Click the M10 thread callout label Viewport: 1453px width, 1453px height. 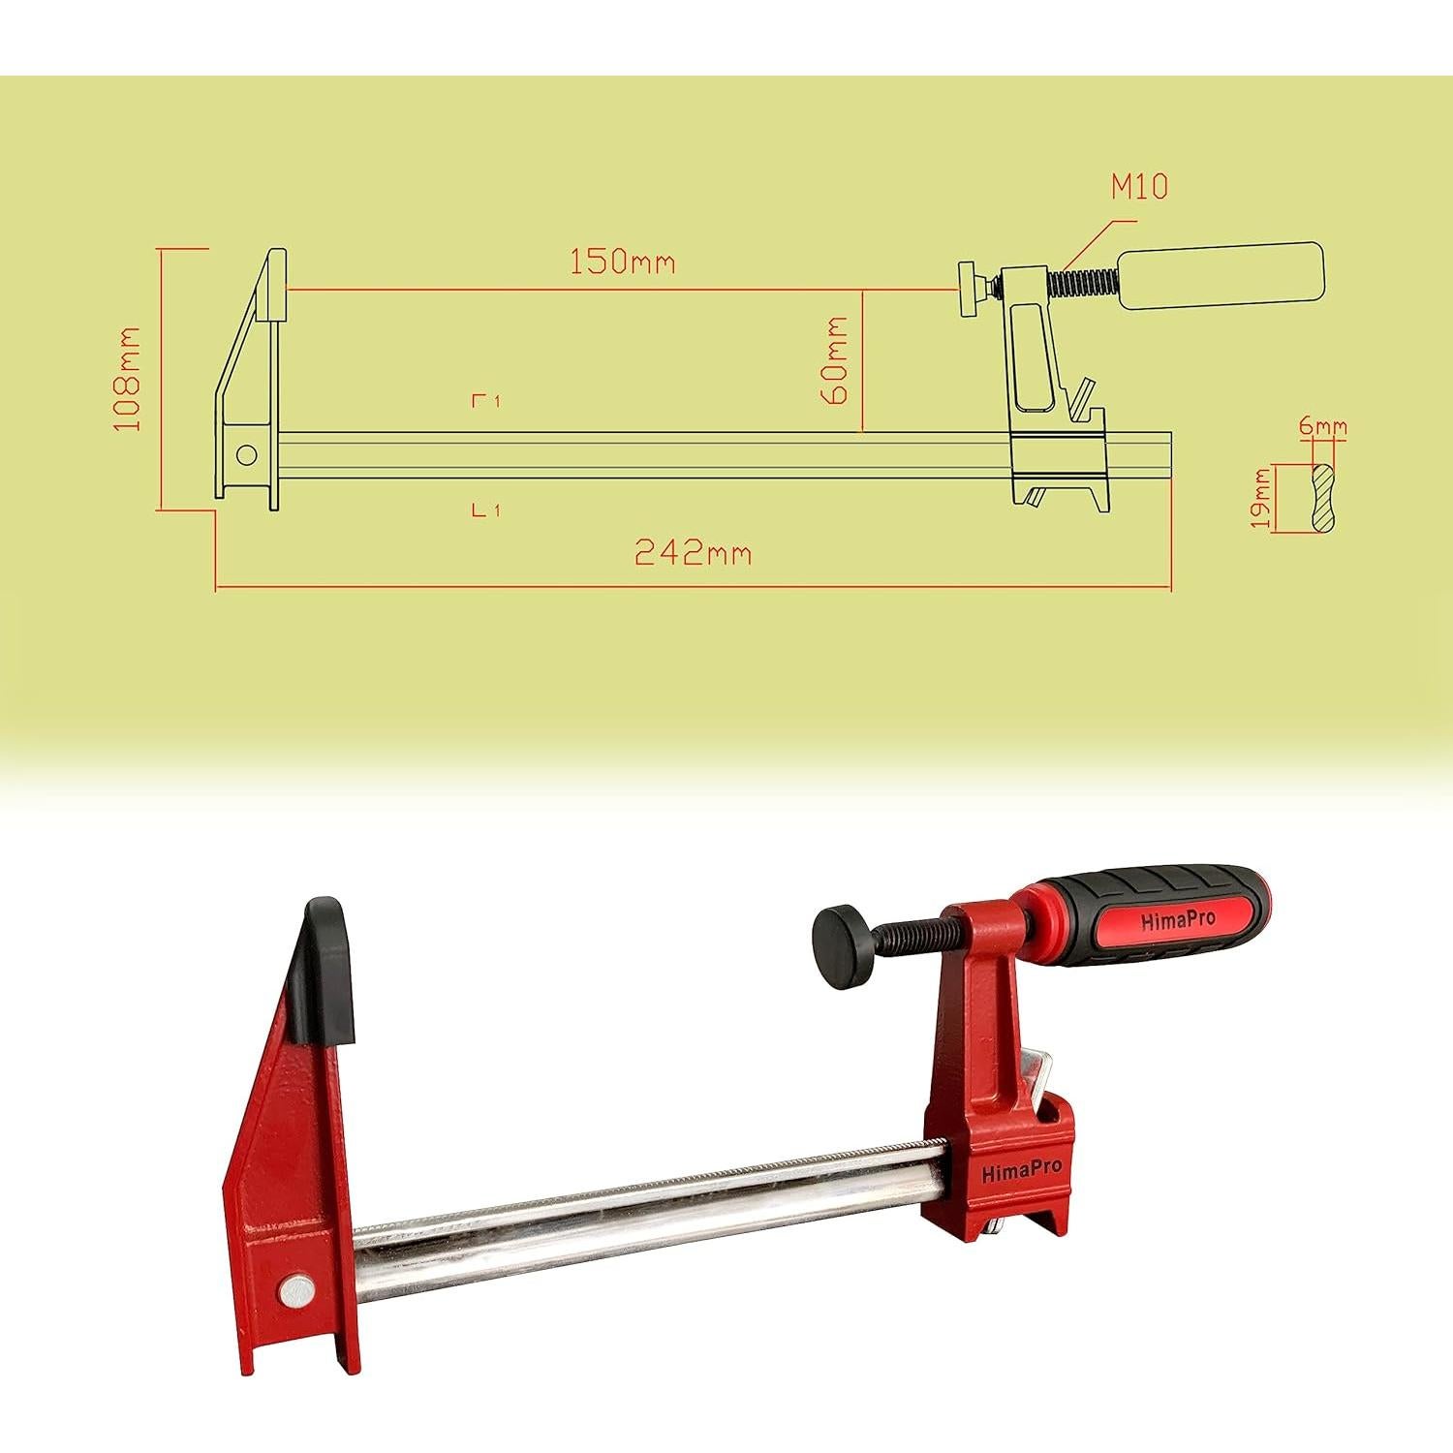[1139, 185]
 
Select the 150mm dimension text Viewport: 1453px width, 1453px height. [621, 262]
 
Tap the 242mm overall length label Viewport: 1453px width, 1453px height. [693, 553]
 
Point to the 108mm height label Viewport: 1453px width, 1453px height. [128, 379]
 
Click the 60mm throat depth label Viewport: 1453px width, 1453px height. [835, 360]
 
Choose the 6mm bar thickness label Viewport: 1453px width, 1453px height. [1323, 426]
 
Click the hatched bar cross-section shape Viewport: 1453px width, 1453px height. [1322, 497]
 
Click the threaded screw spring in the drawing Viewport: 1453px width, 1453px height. [1083, 282]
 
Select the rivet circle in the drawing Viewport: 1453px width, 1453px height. [246, 455]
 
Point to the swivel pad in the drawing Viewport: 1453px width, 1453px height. [969, 288]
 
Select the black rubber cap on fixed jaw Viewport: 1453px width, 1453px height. [327, 971]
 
